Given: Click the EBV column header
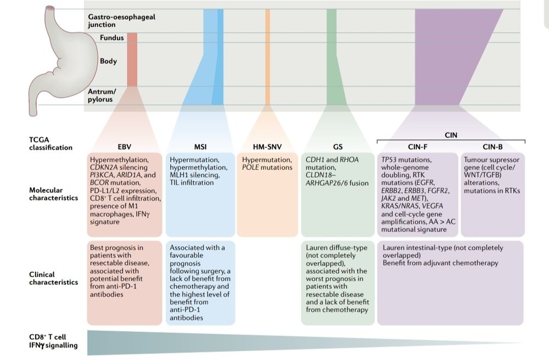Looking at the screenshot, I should pyautogui.click(x=124, y=147).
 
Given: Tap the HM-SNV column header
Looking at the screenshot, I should pyautogui.click(x=267, y=147).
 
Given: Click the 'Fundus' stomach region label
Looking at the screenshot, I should pyautogui.click(x=111, y=38).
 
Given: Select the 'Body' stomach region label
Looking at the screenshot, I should pyautogui.click(x=108, y=61).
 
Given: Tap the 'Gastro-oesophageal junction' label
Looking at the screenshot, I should pyautogui.click(x=121, y=20).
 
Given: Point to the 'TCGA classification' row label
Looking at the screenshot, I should pyautogui.click(x=51, y=143).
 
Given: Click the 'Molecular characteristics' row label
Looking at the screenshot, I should pyautogui.click(x=53, y=194).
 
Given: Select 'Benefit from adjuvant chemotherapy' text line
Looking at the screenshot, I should pyautogui.click(x=440, y=263).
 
